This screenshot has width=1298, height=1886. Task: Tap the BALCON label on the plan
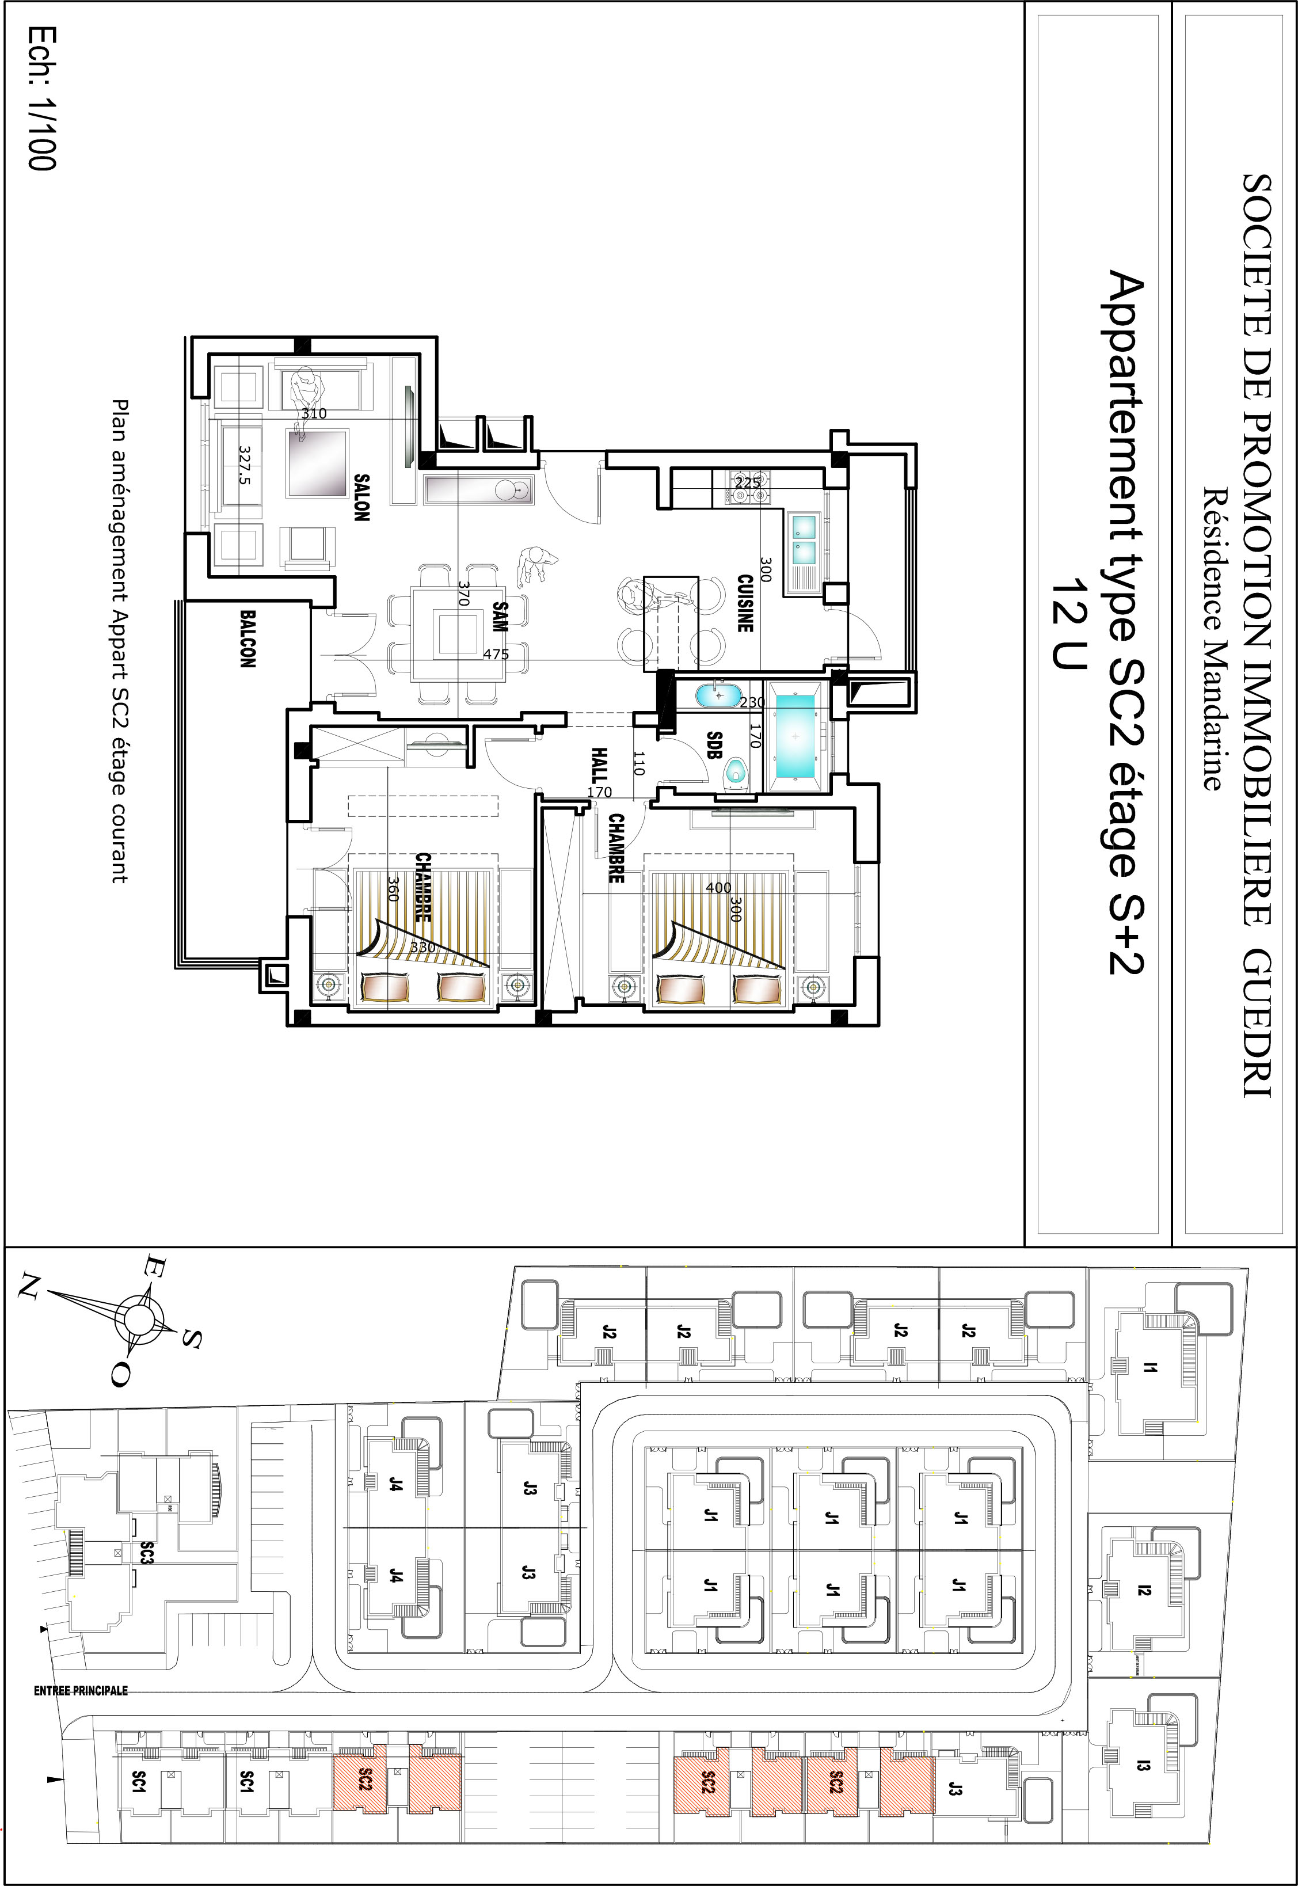248,638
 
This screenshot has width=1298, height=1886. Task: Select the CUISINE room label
745,603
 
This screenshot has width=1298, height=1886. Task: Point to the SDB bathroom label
714,745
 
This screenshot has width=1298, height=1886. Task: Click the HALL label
599,765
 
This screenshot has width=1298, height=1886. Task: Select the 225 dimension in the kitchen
747,482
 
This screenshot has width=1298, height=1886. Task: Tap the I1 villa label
1148,1369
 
